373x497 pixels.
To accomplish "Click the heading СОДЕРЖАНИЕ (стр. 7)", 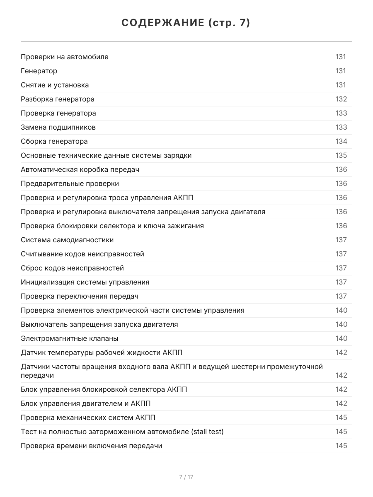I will [x=186, y=23].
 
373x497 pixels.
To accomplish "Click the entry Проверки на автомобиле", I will [x=65, y=57].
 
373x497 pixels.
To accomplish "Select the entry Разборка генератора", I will [x=58, y=99].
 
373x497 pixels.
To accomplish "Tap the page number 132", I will [x=341, y=99].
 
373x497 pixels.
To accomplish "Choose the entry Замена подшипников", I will [x=58, y=127].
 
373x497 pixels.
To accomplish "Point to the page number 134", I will [x=341, y=141].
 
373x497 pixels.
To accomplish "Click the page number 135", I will [x=341, y=155].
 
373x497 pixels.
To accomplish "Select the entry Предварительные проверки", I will [x=70, y=183].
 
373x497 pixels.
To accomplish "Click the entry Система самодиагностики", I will [x=67, y=240].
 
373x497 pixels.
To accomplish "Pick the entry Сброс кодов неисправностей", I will [x=72, y=268].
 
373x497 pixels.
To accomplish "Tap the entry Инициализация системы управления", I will [x=85, y=282].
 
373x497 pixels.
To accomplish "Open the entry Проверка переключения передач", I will [x=80, y=296].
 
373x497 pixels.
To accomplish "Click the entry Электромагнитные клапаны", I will [x=70, y=338].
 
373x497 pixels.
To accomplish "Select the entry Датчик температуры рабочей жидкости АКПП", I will [x=102, y=352].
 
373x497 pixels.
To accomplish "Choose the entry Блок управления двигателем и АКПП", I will [x=86, y=403].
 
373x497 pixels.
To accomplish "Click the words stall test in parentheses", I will [x=207, y=432].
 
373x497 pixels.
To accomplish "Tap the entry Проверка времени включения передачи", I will [x=91, y=446].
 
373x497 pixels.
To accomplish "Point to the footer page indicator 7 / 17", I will [x=186, y=477].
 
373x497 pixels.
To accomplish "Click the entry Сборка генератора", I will [x=54, y=141].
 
